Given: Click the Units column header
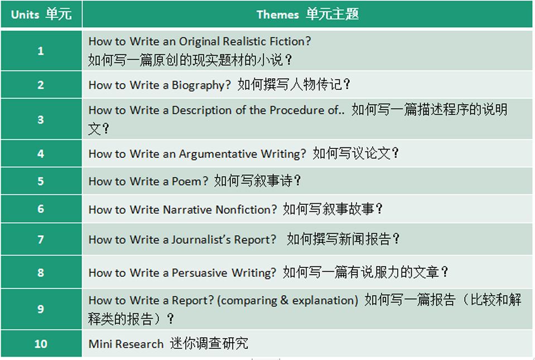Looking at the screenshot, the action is coord(41,14).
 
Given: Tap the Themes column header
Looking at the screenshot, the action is coord(307,14).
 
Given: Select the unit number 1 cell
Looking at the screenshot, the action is coord(41,50).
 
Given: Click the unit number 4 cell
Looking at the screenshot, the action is coord(41,153).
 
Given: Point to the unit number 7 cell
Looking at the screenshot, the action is coord(41,239).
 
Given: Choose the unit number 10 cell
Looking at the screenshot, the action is coord(41,344).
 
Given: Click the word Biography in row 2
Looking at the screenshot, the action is coord(201,85).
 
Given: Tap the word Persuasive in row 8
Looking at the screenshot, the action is coord(199,273).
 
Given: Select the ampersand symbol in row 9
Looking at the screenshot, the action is coord(284,300).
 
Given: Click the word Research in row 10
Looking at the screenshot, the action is coord(139,344).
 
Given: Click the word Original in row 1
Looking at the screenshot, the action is coord(199,42).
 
